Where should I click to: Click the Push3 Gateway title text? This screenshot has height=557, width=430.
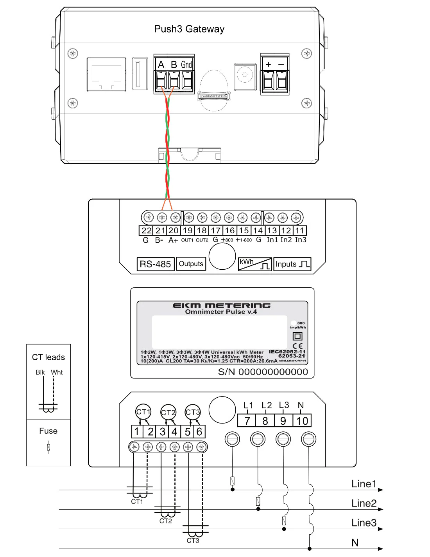click(189, 29)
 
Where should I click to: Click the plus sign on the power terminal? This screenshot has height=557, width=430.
click(269, 65)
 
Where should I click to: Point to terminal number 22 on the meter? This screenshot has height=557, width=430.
click(146, 231)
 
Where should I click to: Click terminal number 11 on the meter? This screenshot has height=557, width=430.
click(300, 231)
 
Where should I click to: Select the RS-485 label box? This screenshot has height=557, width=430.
click(155, 264)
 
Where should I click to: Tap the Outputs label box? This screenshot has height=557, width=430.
click(191, 264)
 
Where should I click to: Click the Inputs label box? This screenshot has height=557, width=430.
click(292, 264)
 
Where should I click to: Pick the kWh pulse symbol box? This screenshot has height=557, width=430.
click(255, 264)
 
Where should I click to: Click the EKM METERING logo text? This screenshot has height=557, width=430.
click(222, 305)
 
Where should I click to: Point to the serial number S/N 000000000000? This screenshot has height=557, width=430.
click(263, 372)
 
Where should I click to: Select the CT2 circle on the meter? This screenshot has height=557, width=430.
click(168, 413)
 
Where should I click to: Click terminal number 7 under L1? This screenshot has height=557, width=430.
click(247, 421)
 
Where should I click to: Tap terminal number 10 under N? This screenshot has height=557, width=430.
click(302, 421)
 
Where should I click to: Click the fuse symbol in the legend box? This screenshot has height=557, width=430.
click(48, 447)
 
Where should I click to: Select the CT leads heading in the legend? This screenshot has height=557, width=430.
click(48, 357)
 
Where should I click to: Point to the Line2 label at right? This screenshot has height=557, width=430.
click(364, 503)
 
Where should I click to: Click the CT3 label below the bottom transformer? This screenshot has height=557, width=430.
click(193, 541)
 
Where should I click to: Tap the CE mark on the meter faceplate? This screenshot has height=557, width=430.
click(297, 346)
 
